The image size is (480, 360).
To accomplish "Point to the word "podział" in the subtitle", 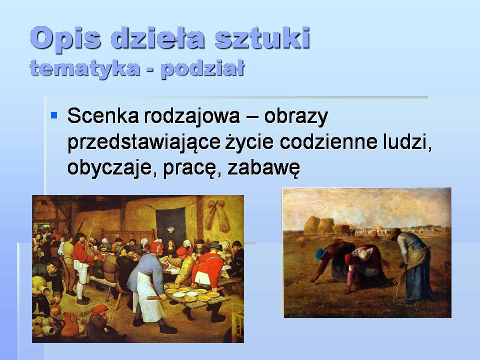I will (202, 68).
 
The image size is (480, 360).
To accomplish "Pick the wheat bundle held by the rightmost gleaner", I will (400, 280).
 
